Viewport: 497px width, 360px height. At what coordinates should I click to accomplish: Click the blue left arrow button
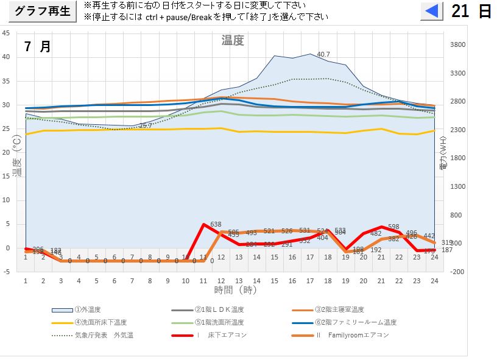pos(431,12)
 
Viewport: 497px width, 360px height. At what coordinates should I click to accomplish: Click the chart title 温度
pos(232,41)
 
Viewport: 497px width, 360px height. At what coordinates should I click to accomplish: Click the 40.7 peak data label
pos(323,55)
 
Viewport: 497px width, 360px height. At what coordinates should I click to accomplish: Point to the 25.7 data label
pos(145,125)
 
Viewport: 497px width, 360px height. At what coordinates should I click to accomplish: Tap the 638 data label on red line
pos(216,225)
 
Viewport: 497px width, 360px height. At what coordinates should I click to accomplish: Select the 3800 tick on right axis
pos(457,45)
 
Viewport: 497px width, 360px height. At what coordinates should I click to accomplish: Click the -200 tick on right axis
pos(456,272)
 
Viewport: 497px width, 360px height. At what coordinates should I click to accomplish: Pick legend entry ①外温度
pos(90,310)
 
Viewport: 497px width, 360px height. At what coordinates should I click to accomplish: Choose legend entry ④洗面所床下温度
pos(100,322)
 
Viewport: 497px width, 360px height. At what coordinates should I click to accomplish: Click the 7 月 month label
pos(37,47)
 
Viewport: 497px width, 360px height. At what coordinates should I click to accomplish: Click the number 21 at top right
pos(460,12)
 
